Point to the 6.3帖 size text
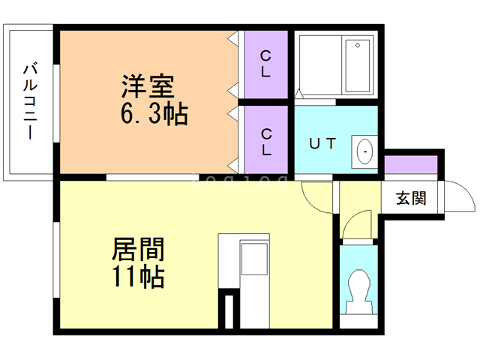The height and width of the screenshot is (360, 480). [x=154, y=115]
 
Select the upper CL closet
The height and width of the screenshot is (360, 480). [x=266, y=64]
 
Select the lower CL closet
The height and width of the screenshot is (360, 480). [x=266, y=141]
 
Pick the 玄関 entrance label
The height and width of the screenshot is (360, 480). [x=410, y=199]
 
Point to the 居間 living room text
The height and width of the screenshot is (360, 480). [x=138, y=249]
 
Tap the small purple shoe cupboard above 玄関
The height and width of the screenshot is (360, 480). [x=410, y=165]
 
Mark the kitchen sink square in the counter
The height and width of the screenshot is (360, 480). [x=253, y=262]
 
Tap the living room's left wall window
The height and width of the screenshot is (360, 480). [x=55, y=255]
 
